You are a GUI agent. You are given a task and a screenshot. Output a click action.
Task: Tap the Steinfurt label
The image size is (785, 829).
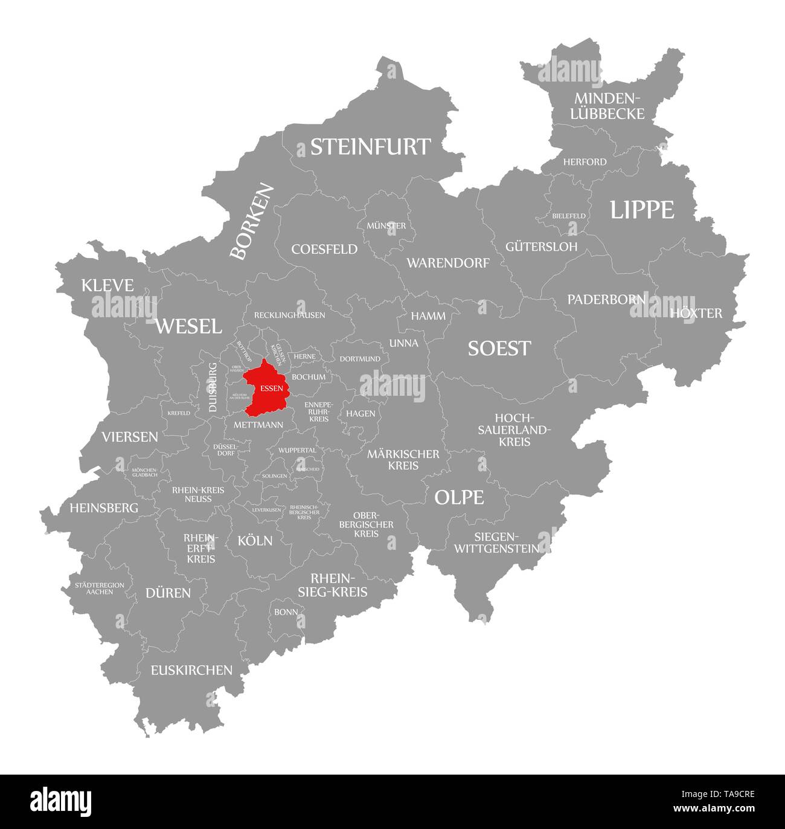point(370,147)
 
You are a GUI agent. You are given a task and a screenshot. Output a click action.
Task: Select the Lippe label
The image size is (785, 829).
point(641,210)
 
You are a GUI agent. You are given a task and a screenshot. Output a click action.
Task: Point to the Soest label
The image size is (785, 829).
point(499,348)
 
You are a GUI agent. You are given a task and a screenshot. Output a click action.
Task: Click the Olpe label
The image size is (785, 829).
point(459,497)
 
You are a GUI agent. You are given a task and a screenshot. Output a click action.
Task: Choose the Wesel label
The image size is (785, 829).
point(188,326)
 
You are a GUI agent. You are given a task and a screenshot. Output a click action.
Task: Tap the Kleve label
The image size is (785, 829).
point(107,285)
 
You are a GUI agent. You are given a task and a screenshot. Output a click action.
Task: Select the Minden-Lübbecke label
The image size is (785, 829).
point(609,106)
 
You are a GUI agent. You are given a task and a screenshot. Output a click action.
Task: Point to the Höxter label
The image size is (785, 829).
point(696,313)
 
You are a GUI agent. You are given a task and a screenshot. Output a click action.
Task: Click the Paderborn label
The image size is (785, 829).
point(606,299)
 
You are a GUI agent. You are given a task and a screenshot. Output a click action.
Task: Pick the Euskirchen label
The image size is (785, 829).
point(191,669)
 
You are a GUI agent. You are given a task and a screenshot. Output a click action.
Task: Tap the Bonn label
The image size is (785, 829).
point(286,611)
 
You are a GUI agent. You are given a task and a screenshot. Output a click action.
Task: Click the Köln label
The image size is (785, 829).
point(255,540)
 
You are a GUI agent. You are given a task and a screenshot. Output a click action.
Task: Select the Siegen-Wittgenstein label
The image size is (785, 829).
point(496,543)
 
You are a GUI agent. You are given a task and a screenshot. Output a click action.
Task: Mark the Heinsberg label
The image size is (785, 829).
point(104,508)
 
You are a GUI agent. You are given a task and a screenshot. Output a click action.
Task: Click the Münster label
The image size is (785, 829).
point(386,225)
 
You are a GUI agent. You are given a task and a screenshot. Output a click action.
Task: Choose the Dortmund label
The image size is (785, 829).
point(360,358)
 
